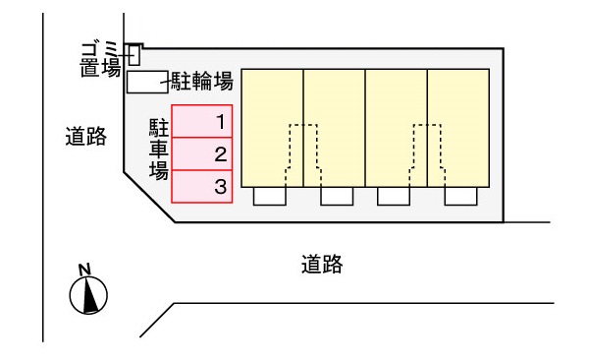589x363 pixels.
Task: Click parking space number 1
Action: [203, 122]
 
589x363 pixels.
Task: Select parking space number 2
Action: [203, 154]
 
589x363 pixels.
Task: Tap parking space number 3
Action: [203, 186]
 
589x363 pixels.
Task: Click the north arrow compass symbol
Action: [89, 294]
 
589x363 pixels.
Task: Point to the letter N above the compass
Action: [85, 269]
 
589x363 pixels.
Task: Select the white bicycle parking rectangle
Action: [148, 83]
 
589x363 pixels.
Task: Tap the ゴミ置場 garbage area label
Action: [100, 59]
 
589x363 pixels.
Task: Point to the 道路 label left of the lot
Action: [86, 139]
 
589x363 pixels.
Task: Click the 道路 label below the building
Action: [322, 264]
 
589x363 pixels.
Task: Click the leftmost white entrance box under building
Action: [271, 196]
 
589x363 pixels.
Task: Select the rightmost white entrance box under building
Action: [459, 196]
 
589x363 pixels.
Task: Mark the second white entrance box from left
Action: [337, 196]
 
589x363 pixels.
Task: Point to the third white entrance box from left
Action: [395, 196]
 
